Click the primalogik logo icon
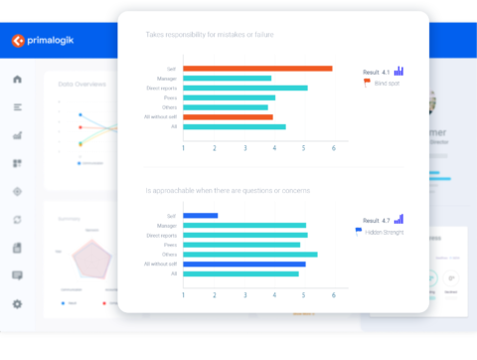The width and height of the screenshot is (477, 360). point(17,42)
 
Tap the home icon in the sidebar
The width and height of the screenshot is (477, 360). point(17,79)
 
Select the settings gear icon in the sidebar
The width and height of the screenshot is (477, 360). point(17,304)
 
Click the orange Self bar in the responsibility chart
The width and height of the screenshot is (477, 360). point(257,69)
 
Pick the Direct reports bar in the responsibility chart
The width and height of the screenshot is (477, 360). point(244,88)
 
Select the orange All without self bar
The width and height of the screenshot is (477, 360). point(228,116)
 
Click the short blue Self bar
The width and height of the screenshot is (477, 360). point(200,216)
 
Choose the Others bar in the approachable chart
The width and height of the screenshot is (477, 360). point(249,254)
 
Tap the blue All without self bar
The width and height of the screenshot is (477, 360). point(243,264)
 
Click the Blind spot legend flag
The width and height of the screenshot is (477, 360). point(368,83)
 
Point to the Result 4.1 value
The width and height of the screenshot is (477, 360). point(378,71)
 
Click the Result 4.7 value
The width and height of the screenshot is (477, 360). point(378,219)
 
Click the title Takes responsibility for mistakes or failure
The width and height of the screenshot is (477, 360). point(210,35)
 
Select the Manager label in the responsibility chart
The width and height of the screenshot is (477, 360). point(167,78)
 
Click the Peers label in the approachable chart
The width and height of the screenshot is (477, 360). point(171,245)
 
